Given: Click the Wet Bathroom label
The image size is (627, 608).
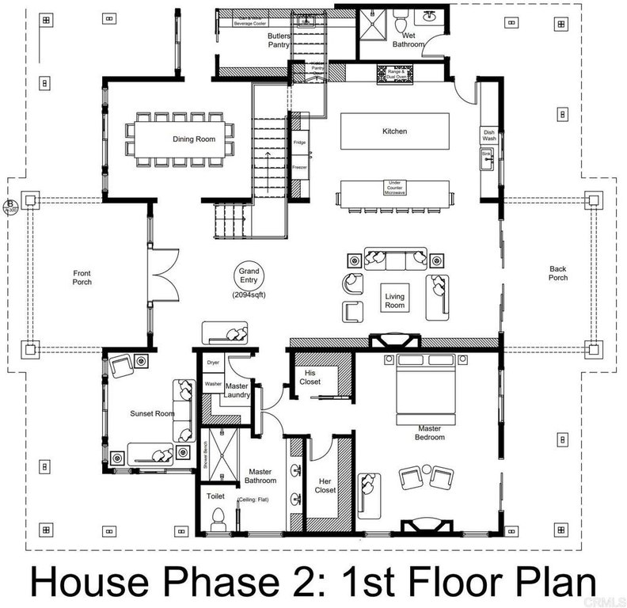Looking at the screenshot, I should tap(408, 40).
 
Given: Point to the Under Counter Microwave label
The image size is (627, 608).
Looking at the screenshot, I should tap(394, 188).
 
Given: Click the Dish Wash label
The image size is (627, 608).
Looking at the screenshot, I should tap(489, 135).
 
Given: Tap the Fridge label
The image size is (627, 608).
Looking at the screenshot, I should tap(299, 142).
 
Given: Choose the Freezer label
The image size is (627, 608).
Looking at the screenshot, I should tap(299, 167).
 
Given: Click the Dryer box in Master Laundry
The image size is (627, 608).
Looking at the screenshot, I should tap(213, 363).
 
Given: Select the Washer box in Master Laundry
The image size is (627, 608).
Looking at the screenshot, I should tap(213, 384).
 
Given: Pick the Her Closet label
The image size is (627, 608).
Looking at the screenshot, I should tap(325, 485).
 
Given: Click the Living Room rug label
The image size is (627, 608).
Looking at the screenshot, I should tap(394, 301).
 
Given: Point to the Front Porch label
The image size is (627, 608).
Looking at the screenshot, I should tap(82, 277).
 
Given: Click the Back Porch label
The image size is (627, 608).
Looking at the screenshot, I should tap(558, 273).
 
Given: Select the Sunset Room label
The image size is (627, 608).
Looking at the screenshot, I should tap(152, 413).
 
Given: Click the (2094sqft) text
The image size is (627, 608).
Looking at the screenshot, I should tap(249, 294).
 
